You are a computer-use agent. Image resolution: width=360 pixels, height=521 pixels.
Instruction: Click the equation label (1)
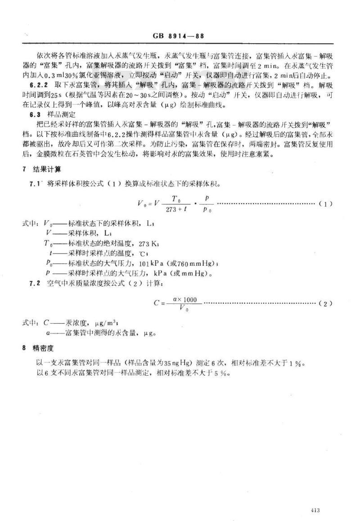pos(325,204)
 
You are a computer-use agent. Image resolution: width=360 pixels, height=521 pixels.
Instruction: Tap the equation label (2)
pos(325,304)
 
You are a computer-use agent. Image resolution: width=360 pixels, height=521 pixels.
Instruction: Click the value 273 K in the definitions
pos(149,244)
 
